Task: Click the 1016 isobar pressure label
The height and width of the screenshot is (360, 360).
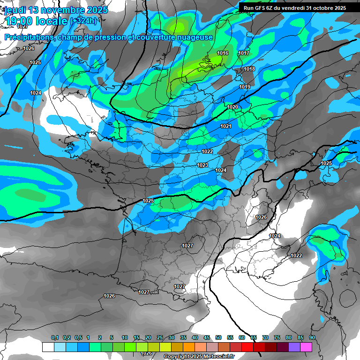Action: [223, 53]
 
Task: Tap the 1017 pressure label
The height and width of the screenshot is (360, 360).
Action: [244, 53]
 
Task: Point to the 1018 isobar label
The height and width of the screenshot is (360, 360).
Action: [249, 69]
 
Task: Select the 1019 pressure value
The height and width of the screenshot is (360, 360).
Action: [245, 87]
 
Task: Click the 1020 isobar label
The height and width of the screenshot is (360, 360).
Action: [232, 107]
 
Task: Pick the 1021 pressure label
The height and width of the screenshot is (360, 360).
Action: [226, 127]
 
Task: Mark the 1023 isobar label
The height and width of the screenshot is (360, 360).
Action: [202, 165]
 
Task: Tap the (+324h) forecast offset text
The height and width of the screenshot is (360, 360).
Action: [83, 21]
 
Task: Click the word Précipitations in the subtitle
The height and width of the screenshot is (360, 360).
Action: [28, 37]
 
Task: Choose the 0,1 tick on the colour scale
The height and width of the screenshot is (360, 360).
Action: [55, 338]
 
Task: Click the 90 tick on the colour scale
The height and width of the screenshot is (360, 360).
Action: [312, 338]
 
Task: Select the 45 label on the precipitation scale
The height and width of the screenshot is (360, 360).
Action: [207, 338]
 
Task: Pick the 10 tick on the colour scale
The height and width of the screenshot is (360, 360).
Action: [125, 338]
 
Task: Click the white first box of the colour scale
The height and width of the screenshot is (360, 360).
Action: [48, 347]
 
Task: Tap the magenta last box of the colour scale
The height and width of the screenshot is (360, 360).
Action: [306, 347]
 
